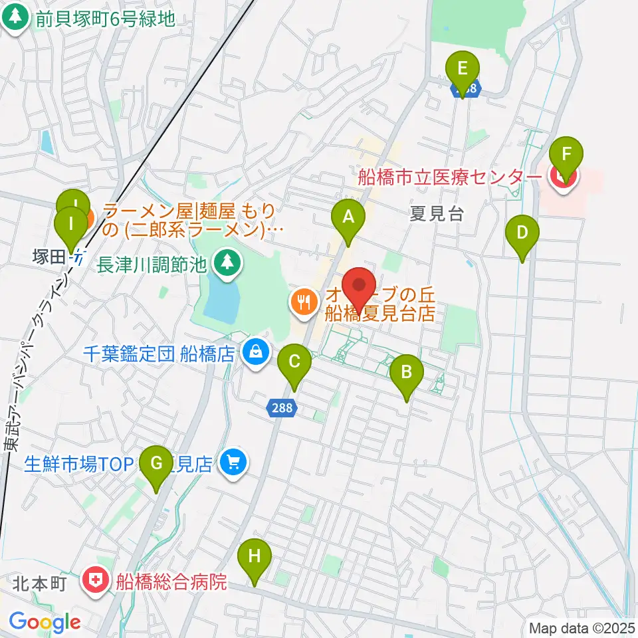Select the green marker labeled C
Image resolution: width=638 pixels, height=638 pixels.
(x=295, y=363)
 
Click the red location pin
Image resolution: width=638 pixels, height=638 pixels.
(x=360, y=286)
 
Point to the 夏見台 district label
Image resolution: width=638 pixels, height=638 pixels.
(x=436, y=214)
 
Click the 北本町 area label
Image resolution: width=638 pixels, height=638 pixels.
(x=41, y=584)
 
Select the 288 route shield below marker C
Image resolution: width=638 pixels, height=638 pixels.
(x=282, y=408)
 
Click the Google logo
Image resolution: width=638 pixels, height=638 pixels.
(x=45, y=622)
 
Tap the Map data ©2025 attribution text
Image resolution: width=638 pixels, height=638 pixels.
(x=582, y=627)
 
